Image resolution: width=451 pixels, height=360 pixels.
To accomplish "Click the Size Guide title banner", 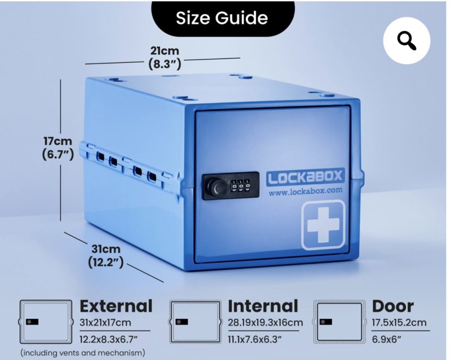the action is pyautogui.click(x=223, y=18).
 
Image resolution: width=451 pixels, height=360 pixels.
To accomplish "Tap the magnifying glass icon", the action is pyautogui.click(x=406, y=41).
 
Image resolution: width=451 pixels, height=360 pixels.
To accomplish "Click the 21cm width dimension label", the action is pyautogui.click(x=165, y=57).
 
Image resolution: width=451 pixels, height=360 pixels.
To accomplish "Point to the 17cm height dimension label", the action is pyautogui.click(x=58, y=148).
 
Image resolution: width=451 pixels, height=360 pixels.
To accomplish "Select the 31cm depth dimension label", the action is pyautogui.click(x=106, y=256).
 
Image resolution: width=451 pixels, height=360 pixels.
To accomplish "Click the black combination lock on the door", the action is pyautogui.click(x=231, y=186).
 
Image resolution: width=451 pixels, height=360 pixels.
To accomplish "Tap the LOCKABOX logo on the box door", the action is pyautogui.click(x=305, y=177).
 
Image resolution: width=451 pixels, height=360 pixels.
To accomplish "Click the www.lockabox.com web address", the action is pyautogui.click(x=306, y=191).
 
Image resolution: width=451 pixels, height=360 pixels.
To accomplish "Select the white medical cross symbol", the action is pyautogui.click(x=323, y=224).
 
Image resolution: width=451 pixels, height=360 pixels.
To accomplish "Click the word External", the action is pyautogui.click(x=116, y=306).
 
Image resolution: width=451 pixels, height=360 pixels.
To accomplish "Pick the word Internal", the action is pyautogui.click(x=263, y=306).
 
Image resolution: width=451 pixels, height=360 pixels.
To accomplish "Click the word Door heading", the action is pyautogui.click(x=393, y=306).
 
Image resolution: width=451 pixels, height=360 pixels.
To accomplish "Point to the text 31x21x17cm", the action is pyautogui.click(x=105, y=323).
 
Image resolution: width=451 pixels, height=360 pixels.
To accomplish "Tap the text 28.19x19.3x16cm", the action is pyautogui.click(x=265, y=323).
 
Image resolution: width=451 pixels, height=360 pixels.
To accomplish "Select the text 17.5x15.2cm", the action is pyautogui.click(x=399, y=323).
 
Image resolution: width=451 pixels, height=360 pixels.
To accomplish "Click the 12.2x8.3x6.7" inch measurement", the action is pyautogui.click(x=107, y=340).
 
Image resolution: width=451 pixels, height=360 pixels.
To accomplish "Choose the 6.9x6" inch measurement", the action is pyautogui.click(x=387, y=340).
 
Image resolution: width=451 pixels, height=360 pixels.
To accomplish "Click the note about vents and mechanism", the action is pyautogui.click(x=83, y=353).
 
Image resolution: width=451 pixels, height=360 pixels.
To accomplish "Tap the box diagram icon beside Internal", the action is pyautogui.click(x=195, y=322).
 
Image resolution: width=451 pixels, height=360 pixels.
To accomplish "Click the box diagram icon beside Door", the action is pyautogui.click(x=339, y=322).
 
